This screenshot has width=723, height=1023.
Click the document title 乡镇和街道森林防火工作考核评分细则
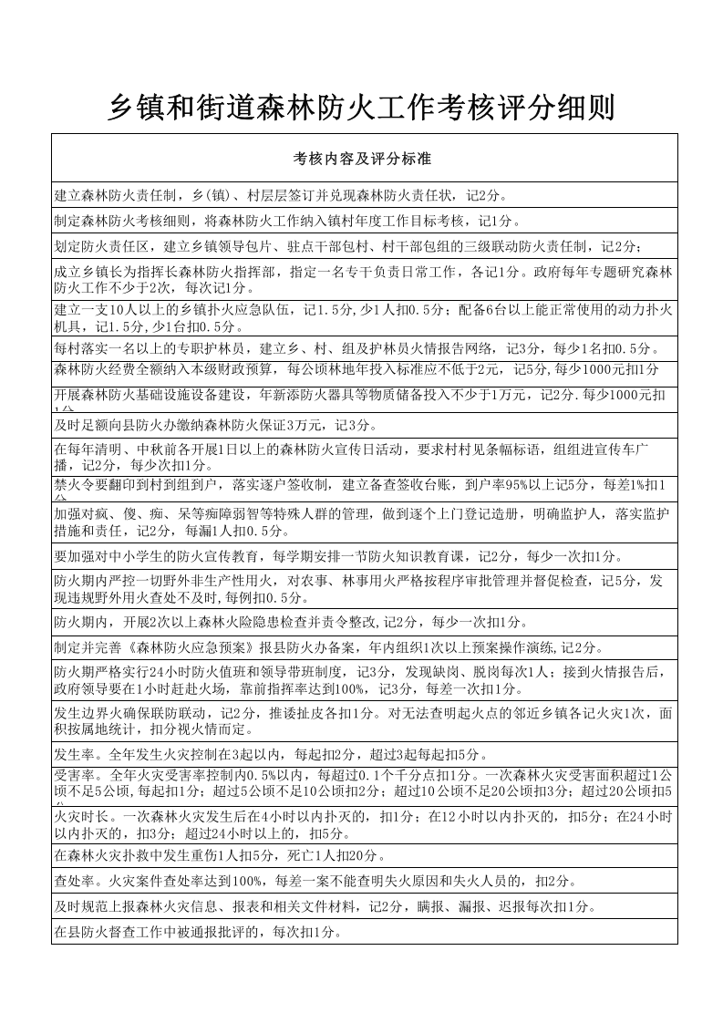click(361, 108)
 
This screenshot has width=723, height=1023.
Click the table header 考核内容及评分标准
click(362, 159)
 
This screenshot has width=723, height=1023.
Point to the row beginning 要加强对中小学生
click(337, 556)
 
